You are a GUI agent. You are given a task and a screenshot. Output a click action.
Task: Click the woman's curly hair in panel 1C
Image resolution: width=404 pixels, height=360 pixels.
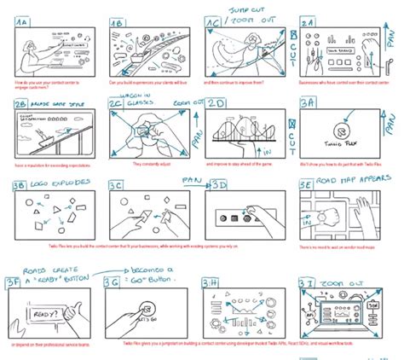point(252,41)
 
